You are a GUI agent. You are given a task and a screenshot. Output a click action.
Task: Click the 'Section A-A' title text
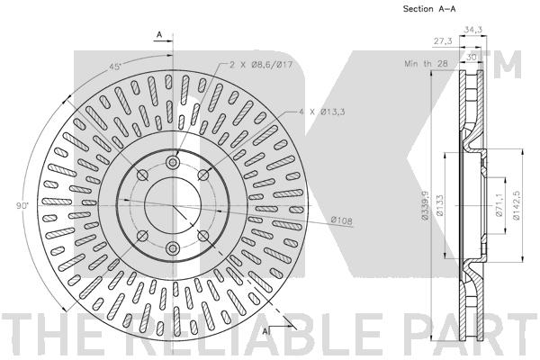click(429, 9)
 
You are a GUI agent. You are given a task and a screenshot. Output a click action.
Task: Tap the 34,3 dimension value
click(472, 30)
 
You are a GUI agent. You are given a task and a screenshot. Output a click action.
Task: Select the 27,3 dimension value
click(443, 41)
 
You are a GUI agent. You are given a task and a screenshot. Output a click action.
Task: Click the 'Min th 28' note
click(427, 63)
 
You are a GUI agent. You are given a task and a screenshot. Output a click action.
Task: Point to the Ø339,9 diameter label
click(425, 205)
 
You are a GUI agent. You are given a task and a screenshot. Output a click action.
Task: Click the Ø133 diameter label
click(440, 206)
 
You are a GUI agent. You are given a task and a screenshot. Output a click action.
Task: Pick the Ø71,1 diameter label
click(499, 205)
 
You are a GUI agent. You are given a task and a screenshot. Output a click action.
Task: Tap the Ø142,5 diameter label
click(516, 205)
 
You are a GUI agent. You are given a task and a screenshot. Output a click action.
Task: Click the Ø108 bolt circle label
click(342, 220)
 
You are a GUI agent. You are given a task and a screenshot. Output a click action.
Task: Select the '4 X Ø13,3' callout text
click(321, 112)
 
